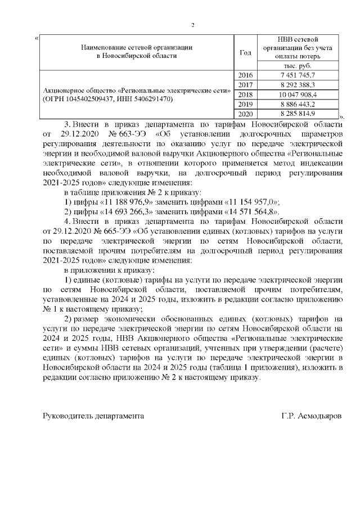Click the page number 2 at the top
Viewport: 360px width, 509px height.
point(193,25)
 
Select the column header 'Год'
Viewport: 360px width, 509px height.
point(245,52)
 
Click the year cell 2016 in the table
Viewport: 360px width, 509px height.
point(246,75)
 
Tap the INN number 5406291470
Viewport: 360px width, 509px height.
point(153,99)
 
